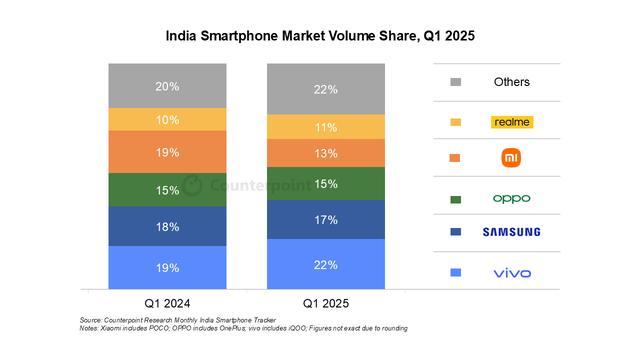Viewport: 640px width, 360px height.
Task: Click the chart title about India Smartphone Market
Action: point(319,35)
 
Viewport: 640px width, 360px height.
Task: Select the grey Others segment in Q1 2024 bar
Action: point(167,86)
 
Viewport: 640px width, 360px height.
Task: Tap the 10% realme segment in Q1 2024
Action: point(167,120)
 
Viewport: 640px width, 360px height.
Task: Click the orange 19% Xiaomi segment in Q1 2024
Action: point(167,153)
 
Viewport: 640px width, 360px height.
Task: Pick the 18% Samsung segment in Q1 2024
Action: point(167,227)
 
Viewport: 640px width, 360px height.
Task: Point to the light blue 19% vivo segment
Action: point(167,266)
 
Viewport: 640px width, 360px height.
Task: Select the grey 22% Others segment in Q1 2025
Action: point(325,89)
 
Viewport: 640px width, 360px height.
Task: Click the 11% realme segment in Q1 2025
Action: point(325,127)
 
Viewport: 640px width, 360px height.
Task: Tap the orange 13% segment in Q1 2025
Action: point(325,153)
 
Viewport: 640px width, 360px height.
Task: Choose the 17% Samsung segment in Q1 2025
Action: point(325,220)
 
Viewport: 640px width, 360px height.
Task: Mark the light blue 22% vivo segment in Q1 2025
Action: point(325,264)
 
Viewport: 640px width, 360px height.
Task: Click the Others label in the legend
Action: point(512,82)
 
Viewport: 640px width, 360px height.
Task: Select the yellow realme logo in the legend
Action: point(512,122)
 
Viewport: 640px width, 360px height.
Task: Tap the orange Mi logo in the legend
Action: point(512,158)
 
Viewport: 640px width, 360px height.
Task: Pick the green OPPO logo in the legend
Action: point(512,198)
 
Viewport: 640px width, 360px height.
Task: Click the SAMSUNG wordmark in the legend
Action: point(512,232)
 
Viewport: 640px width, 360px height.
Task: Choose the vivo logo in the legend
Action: point(512,273)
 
